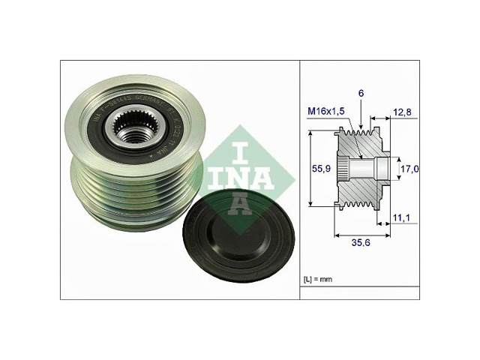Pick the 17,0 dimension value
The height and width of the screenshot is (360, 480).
(408, 169)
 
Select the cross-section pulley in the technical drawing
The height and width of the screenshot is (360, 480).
(361, 169)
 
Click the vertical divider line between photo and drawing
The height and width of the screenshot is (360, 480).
(299, 180)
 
